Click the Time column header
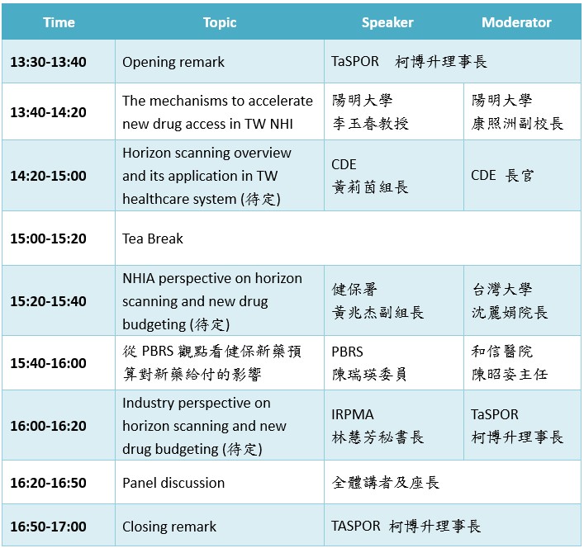point(59,22)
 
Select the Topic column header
point(220,22)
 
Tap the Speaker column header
point(387,22)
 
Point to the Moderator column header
point(516,22)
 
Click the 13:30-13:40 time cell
point(49,62)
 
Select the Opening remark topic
point(173,62)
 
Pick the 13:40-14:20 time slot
point(49,112)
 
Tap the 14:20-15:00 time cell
point(49,176)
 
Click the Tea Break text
point(153,239)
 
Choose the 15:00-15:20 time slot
point(49,239)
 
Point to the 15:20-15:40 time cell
point(49,301)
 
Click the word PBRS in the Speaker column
point(347,352)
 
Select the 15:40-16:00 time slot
point(49,363)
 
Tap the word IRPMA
point(353,414)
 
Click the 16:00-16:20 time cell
point(49,426)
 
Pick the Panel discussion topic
point(173,483)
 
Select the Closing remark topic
point(169,527)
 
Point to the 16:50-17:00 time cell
point(49,527)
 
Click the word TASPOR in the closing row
point(356,526)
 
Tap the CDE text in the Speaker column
point(344,164)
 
